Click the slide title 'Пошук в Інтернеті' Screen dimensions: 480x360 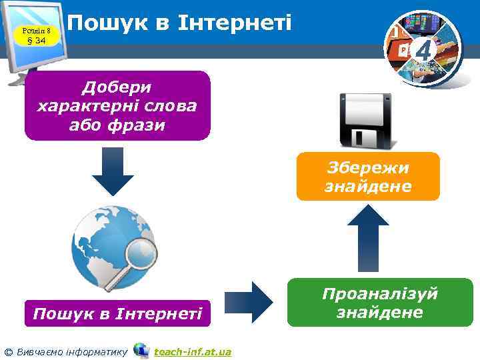coord(180,23)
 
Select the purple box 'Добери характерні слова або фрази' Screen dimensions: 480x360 coord(117,105)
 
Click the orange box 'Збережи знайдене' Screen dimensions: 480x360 coord(368,177)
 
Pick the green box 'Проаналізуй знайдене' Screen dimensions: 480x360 coord(380,303)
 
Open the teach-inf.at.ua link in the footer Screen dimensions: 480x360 coord(193,351)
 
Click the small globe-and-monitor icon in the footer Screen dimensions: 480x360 coord(141,350)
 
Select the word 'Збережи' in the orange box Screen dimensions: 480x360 coord(368,167)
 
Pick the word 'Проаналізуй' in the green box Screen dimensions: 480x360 coord(380,293)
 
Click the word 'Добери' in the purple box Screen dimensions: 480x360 coord(117,87)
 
